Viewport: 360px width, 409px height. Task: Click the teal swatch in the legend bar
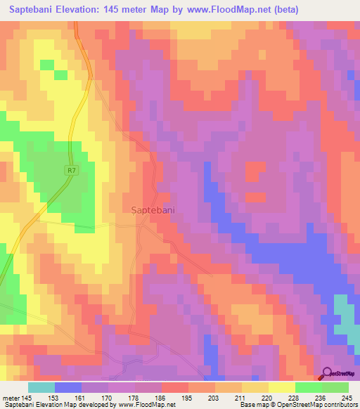coord(41,387)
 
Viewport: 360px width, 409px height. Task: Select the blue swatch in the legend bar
coord(68,387)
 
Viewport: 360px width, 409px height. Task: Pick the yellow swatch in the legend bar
coord(281,387)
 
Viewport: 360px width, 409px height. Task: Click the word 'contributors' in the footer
coord(338,404)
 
